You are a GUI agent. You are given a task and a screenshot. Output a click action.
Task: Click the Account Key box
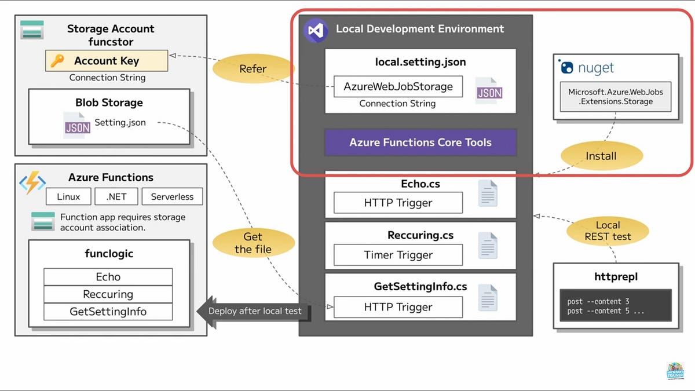(x=107, y=61)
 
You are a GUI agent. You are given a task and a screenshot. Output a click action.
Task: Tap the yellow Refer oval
(x=253, y=69)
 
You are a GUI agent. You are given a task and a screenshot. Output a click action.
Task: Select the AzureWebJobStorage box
(x=398, y=86)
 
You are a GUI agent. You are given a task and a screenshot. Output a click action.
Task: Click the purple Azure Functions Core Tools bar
(x=420, y=142)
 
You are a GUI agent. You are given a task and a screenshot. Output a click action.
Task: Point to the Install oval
(x=601, y=156)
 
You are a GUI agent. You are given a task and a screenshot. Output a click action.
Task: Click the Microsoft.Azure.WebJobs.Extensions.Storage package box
(x=615, y=97)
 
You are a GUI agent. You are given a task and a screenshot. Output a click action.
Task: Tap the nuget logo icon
(x=567, y=68)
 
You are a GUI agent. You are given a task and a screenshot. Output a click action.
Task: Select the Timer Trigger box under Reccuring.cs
(x=398, y=255)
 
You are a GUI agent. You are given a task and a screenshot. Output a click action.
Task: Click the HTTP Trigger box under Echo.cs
(x=398, y=203)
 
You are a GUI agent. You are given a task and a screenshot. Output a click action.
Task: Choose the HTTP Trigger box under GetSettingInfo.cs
(x=398, y=307)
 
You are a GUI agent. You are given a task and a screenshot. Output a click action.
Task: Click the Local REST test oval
(x=608, y=231)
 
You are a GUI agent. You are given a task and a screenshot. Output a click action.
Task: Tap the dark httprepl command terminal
(x=616, y=306)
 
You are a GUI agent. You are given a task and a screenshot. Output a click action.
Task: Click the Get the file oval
(x=253, y=243)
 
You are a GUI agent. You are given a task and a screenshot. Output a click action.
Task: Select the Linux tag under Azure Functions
(x=68, y=196)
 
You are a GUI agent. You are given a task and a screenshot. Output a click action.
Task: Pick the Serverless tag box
(x=172, y=196)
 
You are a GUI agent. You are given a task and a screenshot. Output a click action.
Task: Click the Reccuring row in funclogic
(x=108, y=294)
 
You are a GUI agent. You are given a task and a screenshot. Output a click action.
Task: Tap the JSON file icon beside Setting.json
(x=77, y=125)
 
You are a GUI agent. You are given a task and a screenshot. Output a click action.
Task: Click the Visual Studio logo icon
(x=316, y=30)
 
